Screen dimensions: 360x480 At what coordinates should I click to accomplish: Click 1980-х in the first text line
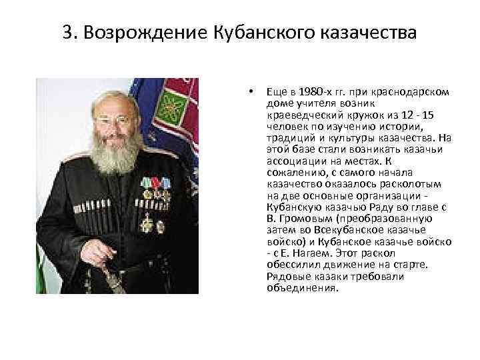coord(313,91)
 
